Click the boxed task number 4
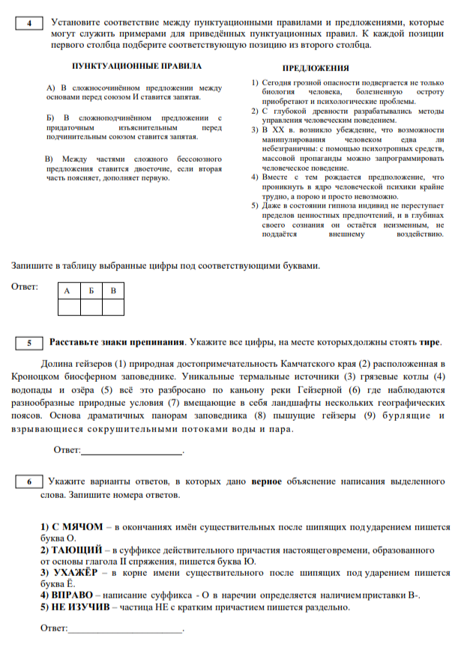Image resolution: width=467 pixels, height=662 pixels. [29, 22]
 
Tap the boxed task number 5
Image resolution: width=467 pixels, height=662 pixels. [29, 343]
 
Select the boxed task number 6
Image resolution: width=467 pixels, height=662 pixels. [29, 482]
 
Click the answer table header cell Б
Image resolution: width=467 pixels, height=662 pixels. [91, 291]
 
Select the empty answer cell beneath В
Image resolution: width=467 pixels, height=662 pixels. [113, 306]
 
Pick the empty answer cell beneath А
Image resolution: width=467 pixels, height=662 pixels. [69, 306]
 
